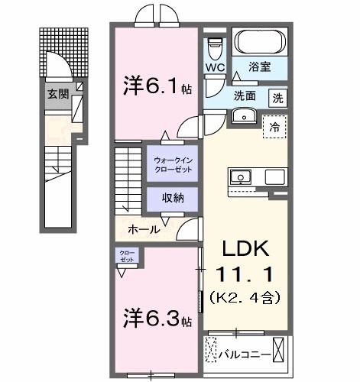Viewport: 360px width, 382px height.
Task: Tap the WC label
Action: [213, 68]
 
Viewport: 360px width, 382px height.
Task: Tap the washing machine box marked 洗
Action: [278, 97]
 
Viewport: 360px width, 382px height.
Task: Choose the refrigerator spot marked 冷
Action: [274, 128]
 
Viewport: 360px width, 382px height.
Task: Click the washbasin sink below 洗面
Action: [244, 116]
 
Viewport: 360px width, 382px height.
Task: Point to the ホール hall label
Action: [143, 229]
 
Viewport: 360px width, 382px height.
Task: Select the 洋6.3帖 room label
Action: [157, 315]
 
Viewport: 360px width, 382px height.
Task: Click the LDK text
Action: [244, 249]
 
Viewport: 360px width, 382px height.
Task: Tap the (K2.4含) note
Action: [244, 294]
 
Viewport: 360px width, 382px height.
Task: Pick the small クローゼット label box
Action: [126, 255]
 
